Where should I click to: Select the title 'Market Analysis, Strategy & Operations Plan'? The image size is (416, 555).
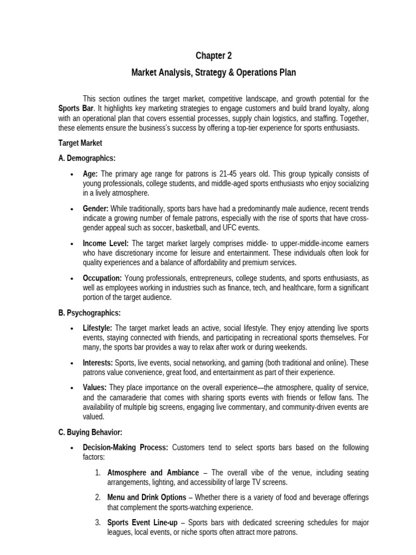point(213,73)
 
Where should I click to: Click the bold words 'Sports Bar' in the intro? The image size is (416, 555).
point(73,108)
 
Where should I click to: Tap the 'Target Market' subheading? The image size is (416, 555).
point(80,143)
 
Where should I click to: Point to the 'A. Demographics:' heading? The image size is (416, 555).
point(87,158)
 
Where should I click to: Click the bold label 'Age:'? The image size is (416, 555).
point(90,173)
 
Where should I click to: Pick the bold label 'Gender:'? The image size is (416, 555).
point(96,208)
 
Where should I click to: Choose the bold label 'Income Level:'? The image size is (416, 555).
point(106,243)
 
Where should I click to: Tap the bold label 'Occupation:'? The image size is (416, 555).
point(102,277)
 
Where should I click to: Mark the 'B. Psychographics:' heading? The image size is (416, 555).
point(89,313)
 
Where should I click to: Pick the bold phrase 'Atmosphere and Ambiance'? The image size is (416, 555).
point(153,473)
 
